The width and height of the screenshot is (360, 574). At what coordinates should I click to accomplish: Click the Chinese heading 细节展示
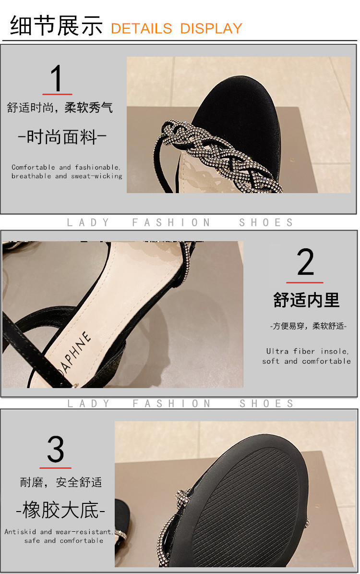click(56, 25)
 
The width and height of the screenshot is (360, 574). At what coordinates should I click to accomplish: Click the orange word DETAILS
click(141, 28)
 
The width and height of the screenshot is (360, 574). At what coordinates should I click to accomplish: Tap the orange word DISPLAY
click(211, 28)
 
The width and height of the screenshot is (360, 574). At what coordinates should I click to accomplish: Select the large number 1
click(57, 78)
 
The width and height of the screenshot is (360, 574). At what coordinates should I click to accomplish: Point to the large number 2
click(305, 262)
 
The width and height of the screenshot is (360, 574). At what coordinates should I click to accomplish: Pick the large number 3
click(56, 449)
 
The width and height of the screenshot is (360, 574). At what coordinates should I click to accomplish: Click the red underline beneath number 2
click(305, 282)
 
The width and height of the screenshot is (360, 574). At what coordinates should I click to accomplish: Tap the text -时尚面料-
click(62, 137)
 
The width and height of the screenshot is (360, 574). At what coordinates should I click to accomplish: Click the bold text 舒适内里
click(306, 300)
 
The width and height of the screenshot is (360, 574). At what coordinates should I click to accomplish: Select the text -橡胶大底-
click(61, 510)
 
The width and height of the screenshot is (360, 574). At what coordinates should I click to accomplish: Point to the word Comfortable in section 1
click(33, 167)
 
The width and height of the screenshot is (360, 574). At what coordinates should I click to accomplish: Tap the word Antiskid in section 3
click(20, 532)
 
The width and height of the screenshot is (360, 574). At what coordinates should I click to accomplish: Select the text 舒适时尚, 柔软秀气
click(60, 108)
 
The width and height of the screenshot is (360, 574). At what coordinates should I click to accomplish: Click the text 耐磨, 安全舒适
click(61, 482)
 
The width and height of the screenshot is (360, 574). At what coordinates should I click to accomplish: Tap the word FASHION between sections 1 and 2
click(171, 222)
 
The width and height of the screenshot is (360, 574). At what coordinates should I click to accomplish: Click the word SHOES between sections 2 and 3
click(266, 403)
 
